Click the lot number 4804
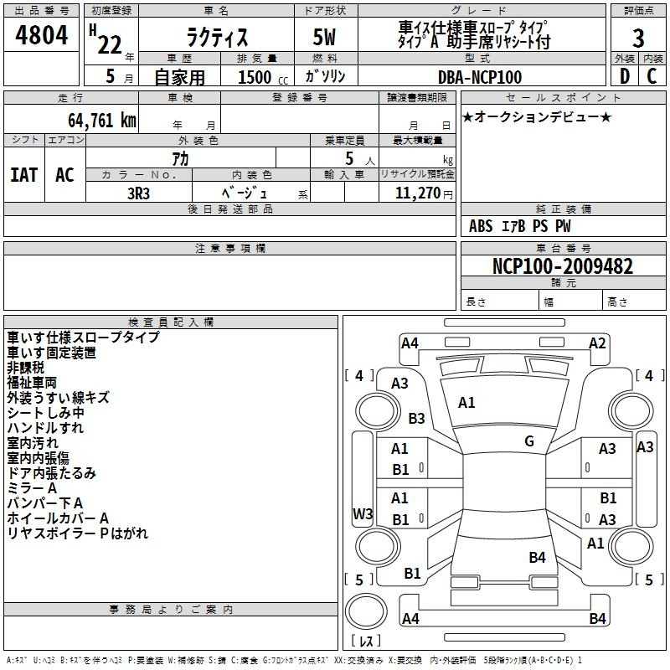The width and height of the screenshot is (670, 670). click(41, 35)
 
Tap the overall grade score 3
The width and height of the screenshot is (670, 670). click(638, 38)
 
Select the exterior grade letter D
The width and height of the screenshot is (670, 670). click(625, 76)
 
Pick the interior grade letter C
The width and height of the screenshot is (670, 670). click(652, 76)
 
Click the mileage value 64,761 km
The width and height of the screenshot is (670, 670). click(102, 120)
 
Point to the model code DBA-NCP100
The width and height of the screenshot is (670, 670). click(480, 77)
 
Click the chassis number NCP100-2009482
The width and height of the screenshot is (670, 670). click(563, 265)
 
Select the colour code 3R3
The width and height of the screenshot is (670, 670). click(138, 193)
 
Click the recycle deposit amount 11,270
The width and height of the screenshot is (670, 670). click(418, 193)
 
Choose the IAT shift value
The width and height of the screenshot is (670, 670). click(23, 175)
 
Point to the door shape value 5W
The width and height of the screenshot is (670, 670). click(324, 37)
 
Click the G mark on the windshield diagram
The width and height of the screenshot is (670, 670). click(529, 441)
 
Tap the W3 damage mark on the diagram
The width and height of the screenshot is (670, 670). click(363, 513)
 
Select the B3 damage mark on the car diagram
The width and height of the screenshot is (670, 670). click(416, 418)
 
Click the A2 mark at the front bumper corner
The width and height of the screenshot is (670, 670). click(597, 343)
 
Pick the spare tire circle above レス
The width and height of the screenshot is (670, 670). click(366, 611)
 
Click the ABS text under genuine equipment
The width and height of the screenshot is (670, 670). click(481, 226)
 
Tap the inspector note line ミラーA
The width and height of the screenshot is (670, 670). click(32, 488)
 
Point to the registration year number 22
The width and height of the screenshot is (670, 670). click(110, 45)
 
